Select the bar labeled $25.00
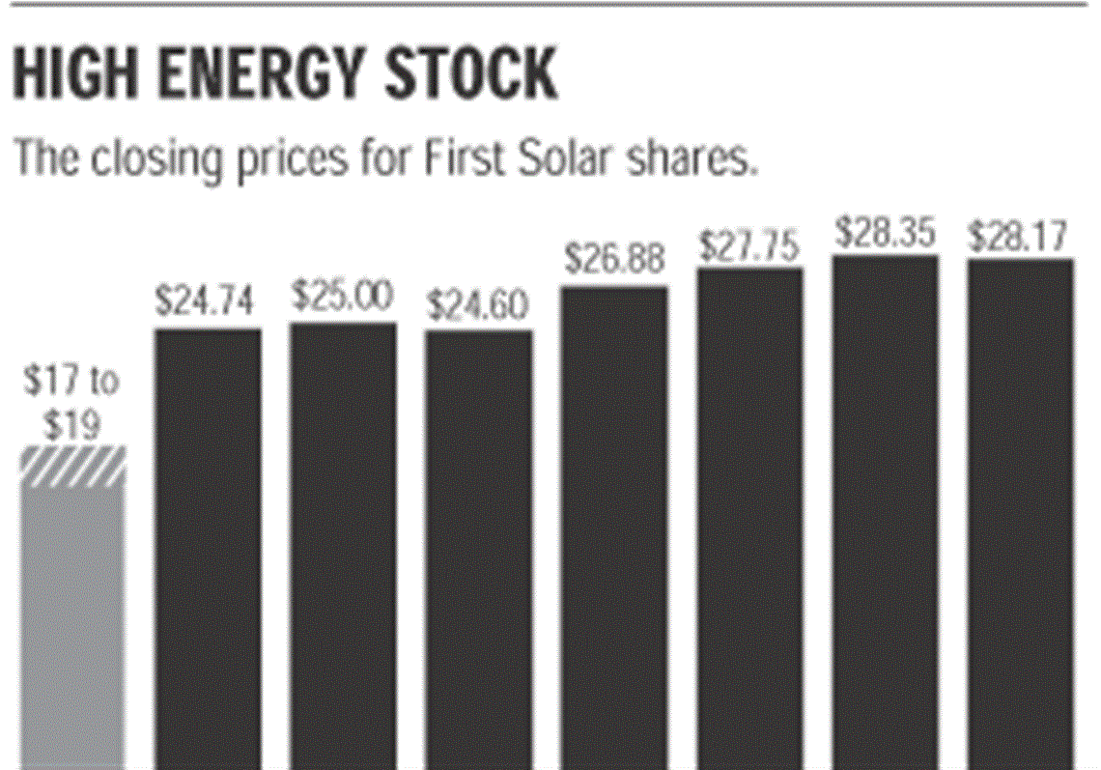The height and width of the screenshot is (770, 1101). coord(343,546)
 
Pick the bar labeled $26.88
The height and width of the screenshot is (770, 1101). coord(613,527)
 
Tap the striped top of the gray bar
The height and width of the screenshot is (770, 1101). coord(73,464)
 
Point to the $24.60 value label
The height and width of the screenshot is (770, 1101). coord(478,306)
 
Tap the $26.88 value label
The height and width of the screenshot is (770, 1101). coord(615,260)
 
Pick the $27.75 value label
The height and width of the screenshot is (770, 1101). coord(750,247)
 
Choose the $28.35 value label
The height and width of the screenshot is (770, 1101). coord(886,233)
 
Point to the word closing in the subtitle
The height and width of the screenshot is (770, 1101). coord(155,159)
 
